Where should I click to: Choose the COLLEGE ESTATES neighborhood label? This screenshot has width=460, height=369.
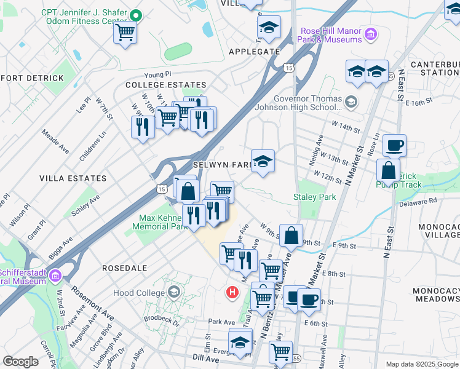point(165,85)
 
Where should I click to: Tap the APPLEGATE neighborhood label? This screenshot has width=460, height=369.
point(254,52)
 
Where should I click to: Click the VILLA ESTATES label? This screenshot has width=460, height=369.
point(73,178)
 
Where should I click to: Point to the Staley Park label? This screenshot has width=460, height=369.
point(315,197)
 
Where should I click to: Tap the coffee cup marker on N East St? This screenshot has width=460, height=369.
point(394,146)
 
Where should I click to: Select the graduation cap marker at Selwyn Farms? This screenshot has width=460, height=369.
point(263,162)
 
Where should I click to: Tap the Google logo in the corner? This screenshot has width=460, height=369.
point(21,362)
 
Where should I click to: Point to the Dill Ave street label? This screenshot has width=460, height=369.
point(205,357)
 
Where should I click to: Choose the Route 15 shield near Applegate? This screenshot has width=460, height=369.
point(288,68)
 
